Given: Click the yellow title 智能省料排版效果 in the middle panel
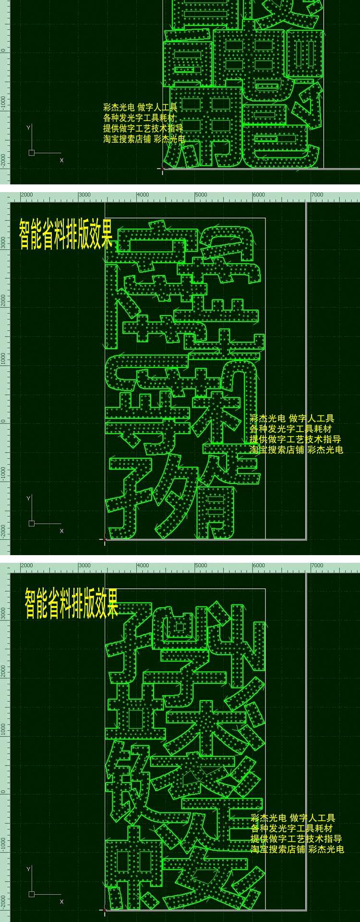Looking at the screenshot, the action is (x=66, y=234).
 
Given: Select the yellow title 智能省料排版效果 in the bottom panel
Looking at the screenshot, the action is (x=72, y=603).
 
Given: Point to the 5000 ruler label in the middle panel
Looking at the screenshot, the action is (x=201, y=195).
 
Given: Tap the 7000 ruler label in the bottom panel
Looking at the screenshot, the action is (x=317, y=566).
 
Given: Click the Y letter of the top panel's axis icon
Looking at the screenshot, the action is (x=29, y=128).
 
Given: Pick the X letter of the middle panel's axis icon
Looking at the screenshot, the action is (x=61, y=531).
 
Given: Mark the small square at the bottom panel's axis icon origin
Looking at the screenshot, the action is (x=32, y=894).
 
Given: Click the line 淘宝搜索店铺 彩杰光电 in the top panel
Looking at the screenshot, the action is (x=144, y=139).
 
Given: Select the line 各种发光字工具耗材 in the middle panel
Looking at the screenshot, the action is (x=290, y=429).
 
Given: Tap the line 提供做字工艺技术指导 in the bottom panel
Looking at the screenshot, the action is (x=296, y=839).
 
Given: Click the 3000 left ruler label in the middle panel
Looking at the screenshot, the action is (x=3, y=242).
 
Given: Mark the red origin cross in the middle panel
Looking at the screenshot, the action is (x=105, y=540).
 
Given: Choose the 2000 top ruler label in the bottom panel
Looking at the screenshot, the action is (x=27, y=566).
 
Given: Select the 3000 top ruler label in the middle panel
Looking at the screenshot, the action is (x=84, y=195).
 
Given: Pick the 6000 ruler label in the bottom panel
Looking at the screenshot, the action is (x=259, y=566).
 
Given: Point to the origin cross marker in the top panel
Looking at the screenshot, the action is (x=162, y=169).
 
